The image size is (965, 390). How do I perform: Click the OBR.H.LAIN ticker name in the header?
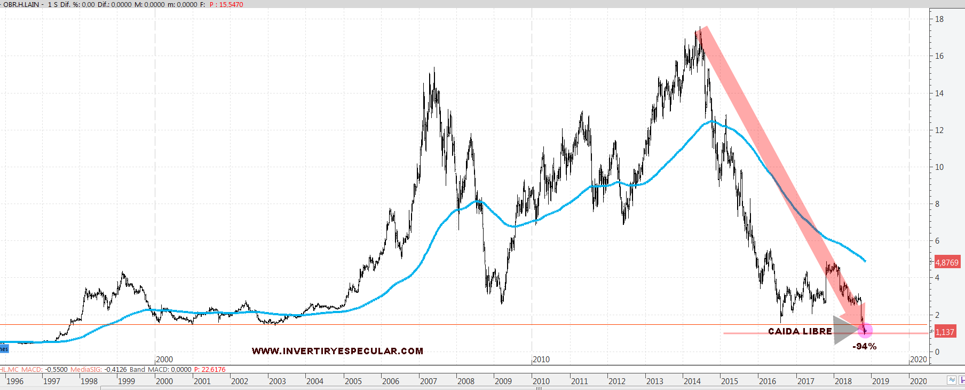pos(21,4)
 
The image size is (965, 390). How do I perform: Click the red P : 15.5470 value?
pos(226,4)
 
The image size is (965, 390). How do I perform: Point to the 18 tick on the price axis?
pos(939,19)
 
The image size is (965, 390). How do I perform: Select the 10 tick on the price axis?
pos(939,167)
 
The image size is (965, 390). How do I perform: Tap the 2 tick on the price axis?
pos(937,315)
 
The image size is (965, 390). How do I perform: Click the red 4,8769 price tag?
pos(947,262)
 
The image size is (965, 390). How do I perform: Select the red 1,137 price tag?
pos(945,332)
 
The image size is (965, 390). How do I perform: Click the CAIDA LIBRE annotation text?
pos(800,331)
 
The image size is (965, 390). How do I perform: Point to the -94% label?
pos(864,346)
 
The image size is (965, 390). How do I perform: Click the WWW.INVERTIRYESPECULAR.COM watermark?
pos(337,351)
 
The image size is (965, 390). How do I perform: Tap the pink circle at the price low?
pos(865,331)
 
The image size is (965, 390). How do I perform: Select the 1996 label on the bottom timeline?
pos(15,381)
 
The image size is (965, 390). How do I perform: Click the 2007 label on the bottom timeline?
pos(428,381)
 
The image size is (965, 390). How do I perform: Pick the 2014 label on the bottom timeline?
pos(692,381)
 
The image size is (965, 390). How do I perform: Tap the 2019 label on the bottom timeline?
pos(880,381)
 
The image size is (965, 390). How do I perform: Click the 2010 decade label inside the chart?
pos(541,360)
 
